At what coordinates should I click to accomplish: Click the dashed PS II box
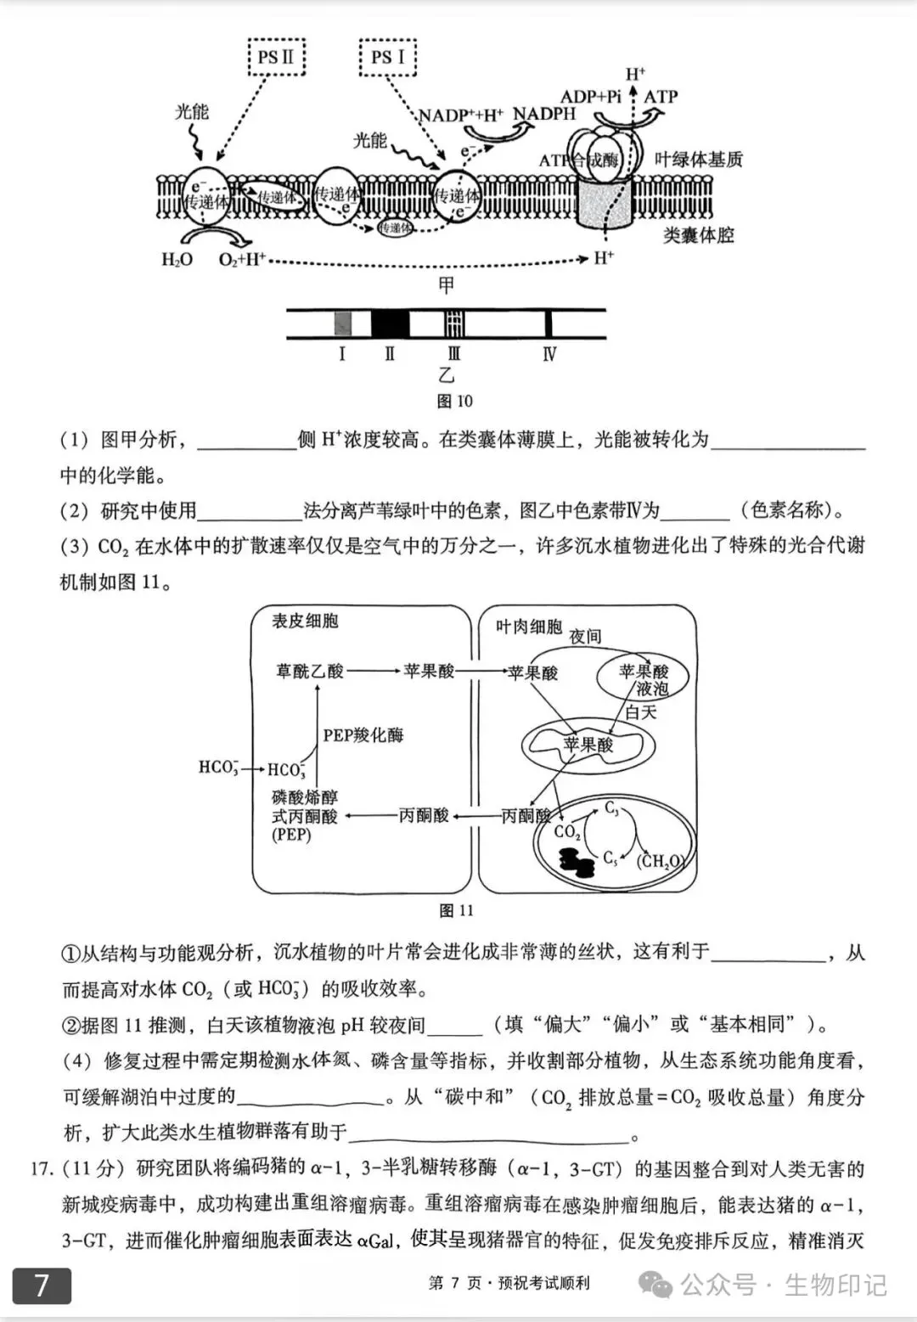point(276,57)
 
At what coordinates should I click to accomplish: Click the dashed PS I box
point(388,57)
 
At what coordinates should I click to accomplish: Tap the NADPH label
point(544,114)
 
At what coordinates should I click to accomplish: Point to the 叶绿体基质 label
point(699,159)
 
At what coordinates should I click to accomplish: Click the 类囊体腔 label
point(698,235)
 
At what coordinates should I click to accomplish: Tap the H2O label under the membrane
point(177,260)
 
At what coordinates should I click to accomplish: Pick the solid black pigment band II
point(390,323)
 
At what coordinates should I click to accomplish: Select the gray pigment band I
point(342,323)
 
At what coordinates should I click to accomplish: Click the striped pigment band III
point(454,323)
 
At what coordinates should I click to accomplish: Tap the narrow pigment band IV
point(549,323)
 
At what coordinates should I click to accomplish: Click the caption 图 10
point(454,401)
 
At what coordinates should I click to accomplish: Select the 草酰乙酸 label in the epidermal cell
point(309,672)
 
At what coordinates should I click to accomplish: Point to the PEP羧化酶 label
point(363,735)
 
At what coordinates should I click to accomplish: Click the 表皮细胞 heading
point(305,621)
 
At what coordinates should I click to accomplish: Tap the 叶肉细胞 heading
point(528,627)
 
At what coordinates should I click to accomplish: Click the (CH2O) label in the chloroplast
point(660,861)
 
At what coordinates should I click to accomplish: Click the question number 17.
point(41,1169)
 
